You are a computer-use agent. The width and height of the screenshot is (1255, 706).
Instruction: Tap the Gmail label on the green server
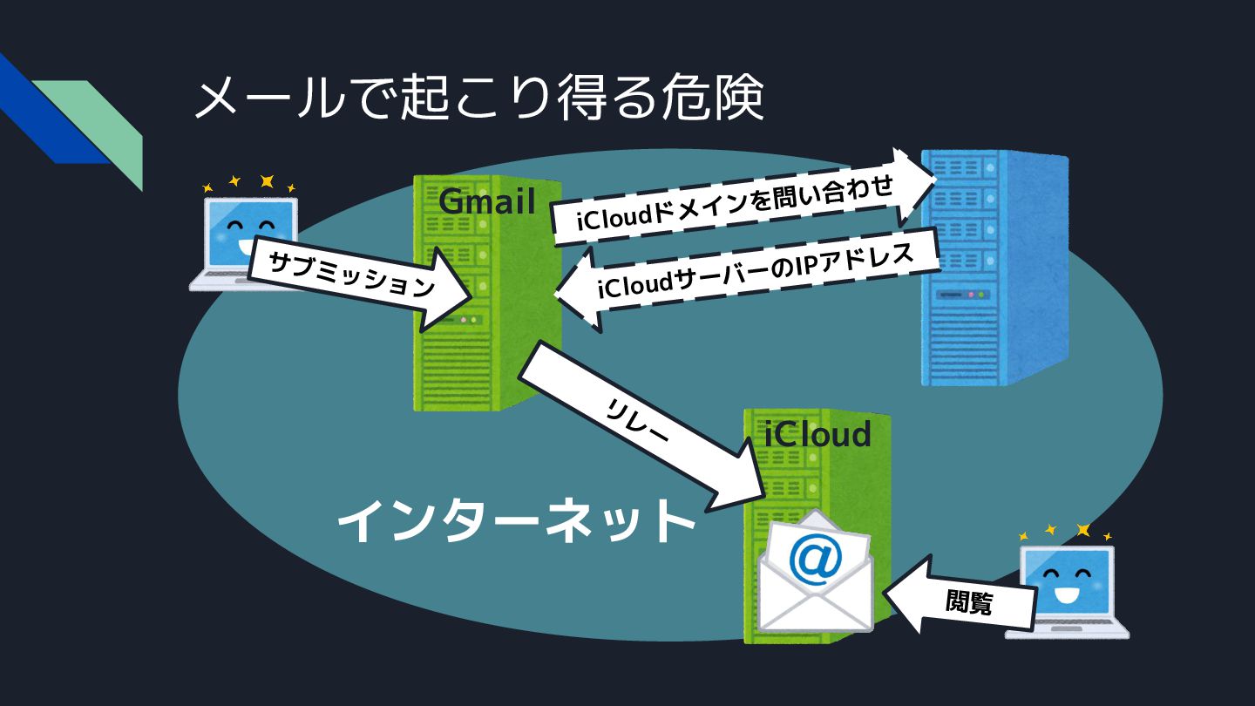[x=486, y=201]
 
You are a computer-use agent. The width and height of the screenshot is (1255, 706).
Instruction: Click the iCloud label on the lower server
[x=817, y=433]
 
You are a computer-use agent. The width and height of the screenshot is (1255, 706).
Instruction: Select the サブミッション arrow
[x=353, y=277]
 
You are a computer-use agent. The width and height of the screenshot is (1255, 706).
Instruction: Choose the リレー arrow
[x=637, y=427]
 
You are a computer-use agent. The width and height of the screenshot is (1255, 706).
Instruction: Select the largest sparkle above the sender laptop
[x=267, y=181]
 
